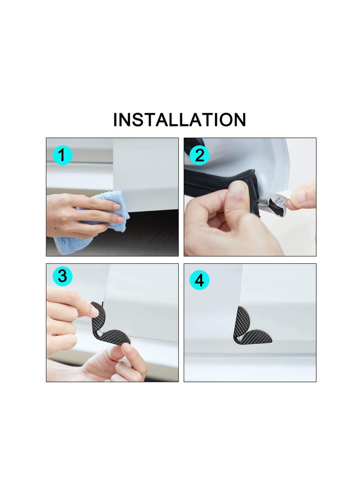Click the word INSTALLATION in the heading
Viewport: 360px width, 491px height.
tap(180, 120)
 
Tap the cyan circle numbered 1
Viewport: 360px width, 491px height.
tap(62, 155)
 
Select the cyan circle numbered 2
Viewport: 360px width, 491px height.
tap(200, 155)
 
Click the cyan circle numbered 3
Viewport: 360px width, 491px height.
tap(62, 276)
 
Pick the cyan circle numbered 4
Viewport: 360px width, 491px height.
tap(200, 281)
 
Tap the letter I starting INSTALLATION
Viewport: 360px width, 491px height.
tap(116, 120)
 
